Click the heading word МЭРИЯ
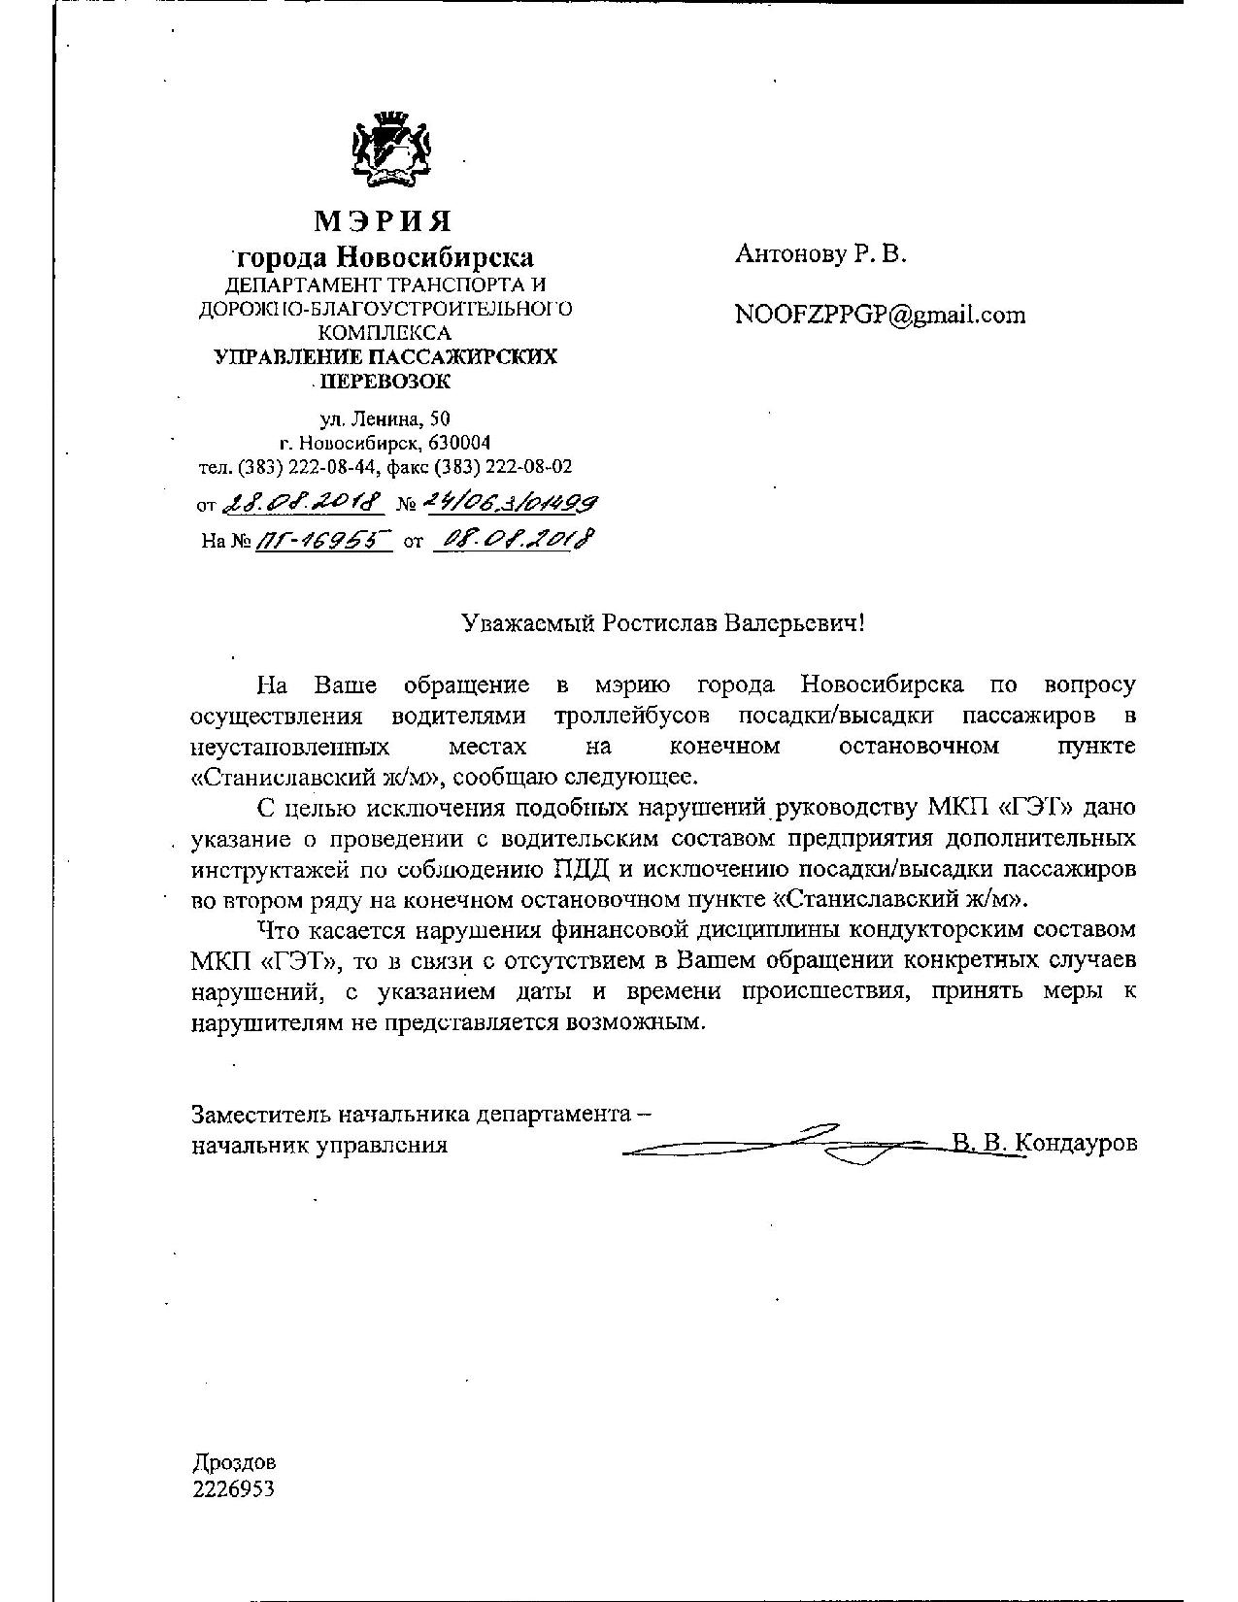[383, 221]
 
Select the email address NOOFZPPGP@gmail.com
[880, 315]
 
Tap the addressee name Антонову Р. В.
[820, 255]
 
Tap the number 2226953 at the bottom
[234, 1487]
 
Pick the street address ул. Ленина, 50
[385, 420]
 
